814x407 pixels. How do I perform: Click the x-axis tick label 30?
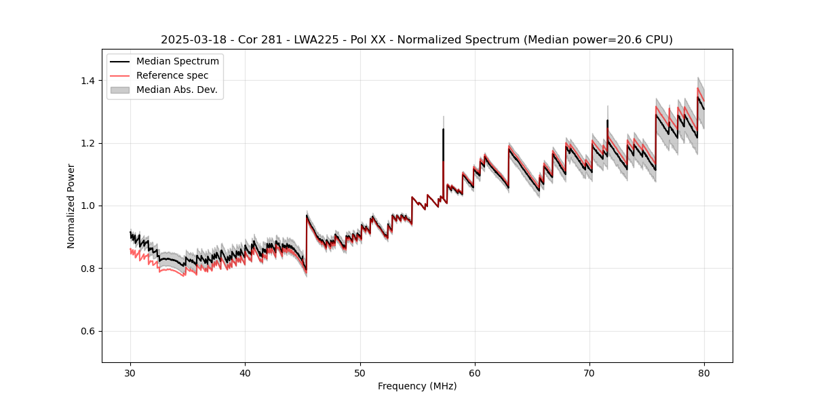point(130,372)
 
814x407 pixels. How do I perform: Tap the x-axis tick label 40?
point(245,372)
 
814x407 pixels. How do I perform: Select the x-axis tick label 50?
point(360,372)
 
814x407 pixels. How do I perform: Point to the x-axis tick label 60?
point(475,372)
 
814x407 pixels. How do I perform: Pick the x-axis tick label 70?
point(589,372)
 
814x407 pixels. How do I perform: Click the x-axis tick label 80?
point(704,372)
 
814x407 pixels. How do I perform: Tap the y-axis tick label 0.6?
point(88,331)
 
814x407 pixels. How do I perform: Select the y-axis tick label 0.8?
point(88,269)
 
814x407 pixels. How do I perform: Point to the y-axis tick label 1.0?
point(88,206)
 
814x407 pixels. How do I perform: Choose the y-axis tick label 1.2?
point(88,143)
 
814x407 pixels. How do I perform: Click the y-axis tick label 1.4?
point(88,81)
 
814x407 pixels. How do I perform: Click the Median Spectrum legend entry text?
point(177,62)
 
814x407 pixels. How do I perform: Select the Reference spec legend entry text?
point(172,75)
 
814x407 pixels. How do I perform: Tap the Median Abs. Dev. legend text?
point(176,90)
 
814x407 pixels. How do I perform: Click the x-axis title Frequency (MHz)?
point(417,386)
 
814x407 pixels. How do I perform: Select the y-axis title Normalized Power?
point(71,206)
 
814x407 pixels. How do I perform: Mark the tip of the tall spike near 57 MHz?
point(443,128)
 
